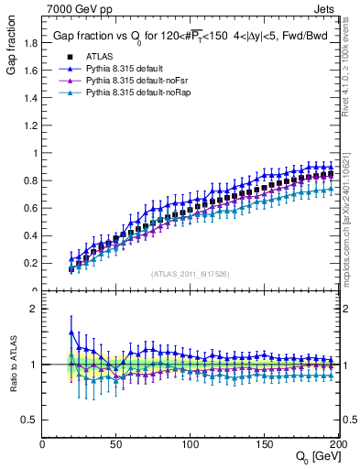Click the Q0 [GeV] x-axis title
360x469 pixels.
[x=315, y=456]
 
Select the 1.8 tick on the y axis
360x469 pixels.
[x=30, y=42]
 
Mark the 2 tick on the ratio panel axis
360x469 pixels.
[x=35, y=309]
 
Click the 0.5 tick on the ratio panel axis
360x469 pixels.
[x=30, y=420]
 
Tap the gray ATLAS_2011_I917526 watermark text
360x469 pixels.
[x=190, y=274]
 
